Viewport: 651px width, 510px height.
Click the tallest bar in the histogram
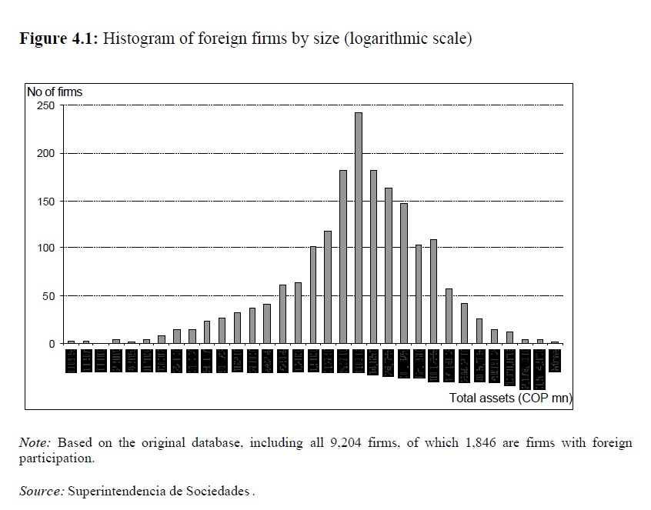point(359,228)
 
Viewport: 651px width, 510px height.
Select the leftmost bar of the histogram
point(72,342)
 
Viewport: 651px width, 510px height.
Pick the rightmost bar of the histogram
point(555,342)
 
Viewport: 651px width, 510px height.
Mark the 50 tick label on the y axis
point(48,295)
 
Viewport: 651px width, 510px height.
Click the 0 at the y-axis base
point(52,343)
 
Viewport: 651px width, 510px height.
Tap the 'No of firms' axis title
point(54,92)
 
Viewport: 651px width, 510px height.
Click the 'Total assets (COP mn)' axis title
point(511,398)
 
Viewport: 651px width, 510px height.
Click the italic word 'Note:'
point(35,443)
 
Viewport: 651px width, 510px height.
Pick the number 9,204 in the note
point(359,443)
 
